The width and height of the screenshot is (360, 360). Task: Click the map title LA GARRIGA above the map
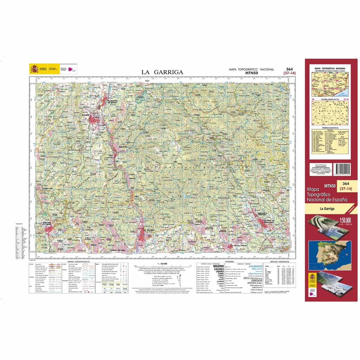162,72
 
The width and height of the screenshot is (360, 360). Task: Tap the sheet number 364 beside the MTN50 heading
289,69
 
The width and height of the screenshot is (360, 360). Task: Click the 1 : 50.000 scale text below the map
162,263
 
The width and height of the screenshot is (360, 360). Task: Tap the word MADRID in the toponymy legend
218,266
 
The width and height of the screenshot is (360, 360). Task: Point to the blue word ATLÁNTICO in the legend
255,266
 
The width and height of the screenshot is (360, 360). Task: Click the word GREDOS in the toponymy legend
256,280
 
